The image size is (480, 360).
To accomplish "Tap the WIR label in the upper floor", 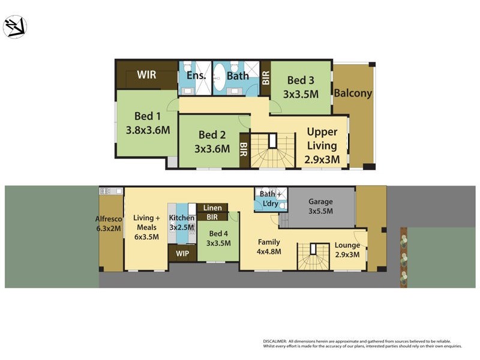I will point(146,75).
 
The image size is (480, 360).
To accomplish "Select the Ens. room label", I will point(196,76).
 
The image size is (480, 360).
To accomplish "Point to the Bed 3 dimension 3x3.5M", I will point(300,94).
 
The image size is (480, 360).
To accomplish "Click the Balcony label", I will point(353,94).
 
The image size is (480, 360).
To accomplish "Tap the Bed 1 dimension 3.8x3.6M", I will point(148,129).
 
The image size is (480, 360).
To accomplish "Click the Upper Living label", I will point(323,137).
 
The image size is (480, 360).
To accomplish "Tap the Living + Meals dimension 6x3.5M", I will point(146,236).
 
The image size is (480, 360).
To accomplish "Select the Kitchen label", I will point(181,218).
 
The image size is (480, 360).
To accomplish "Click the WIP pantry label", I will point(182,253).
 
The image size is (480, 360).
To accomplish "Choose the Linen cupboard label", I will point(212,208).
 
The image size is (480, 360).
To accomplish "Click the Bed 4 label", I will point(218,233).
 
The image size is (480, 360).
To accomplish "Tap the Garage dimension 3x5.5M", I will point(320,211).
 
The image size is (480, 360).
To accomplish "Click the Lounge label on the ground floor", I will point(347,245).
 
